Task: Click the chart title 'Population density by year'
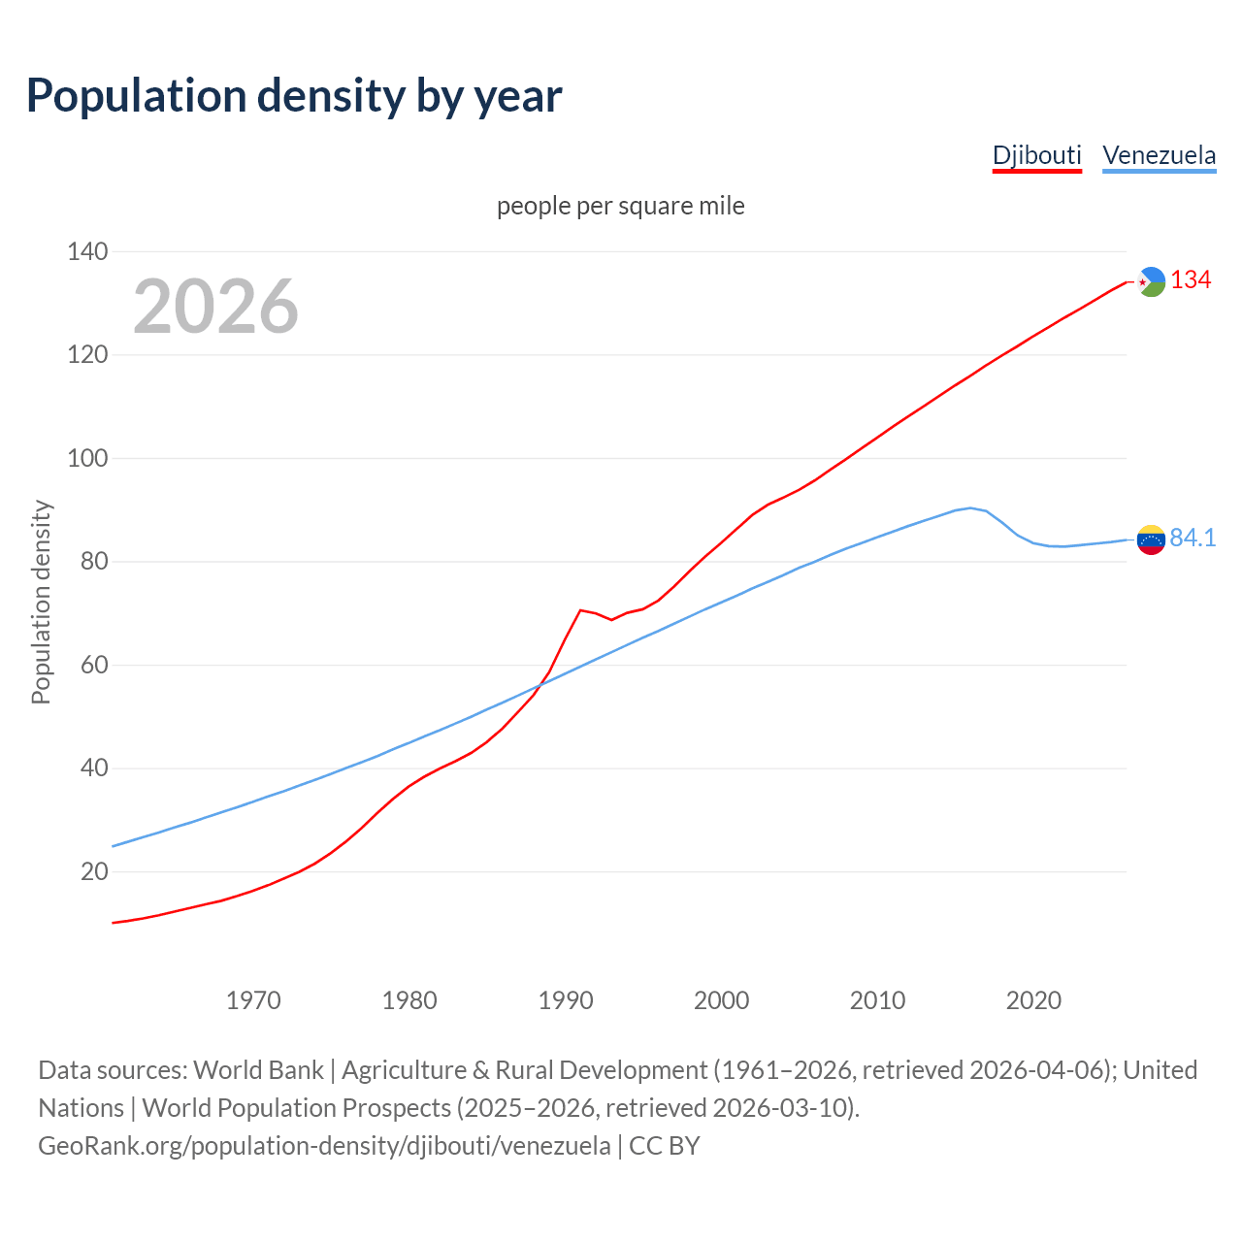click(294, 96)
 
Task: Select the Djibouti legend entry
click(1036, 155)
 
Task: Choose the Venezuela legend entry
click(1159, 155)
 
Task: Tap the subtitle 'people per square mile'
click(621, 207)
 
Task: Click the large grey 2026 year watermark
click(215, 307)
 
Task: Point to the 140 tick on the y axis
click(87, 252)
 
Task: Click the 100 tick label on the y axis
click(87, 459)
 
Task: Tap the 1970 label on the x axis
click(253, 1000)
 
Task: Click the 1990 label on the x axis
click(566, 1000)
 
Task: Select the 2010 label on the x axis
click(877, 1000)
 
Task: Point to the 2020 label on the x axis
click(1033, 1000)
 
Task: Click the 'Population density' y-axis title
click(41, 602)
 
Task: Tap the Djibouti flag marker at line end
click(1151, 281)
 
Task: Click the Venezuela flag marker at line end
click(1151, 539)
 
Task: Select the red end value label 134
click(1191, 280)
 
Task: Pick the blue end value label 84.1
click(1193, 539)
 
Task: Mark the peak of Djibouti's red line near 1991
click(580, 610)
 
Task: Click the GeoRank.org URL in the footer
click(324, 1146)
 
